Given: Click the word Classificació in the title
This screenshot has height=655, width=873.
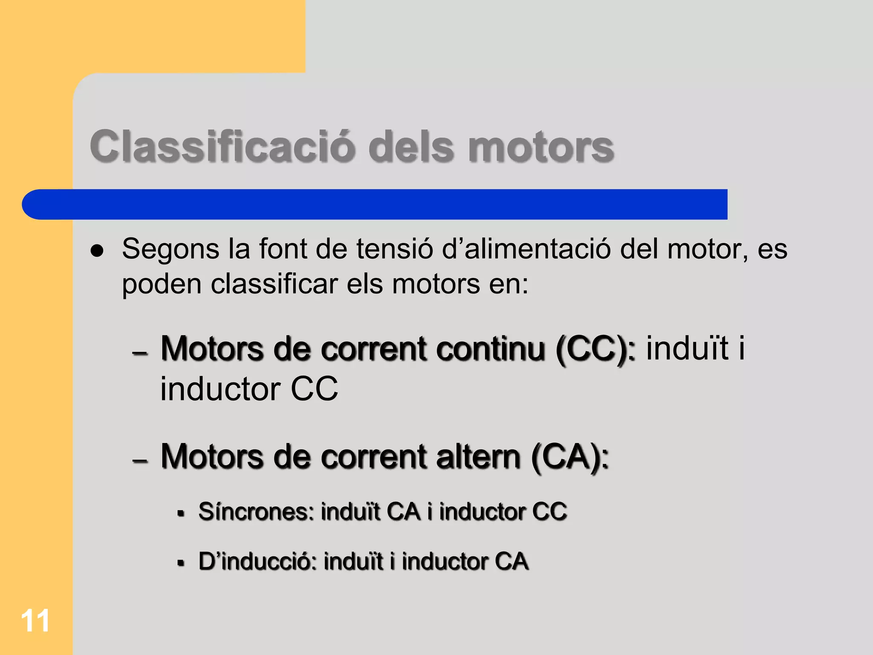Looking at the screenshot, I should [x=222, y=146].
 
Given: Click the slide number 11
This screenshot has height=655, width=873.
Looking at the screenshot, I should [x=35, y=621].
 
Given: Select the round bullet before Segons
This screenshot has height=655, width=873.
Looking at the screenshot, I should [x=97, y=251].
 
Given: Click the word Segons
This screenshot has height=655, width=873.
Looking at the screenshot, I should [x=170, y=249].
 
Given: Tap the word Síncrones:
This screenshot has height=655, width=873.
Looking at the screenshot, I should [x=256, y=511].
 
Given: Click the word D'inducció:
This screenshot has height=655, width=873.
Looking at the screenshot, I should [x=257, y=561].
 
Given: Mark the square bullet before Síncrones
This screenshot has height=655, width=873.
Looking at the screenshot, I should [x=181, y=513].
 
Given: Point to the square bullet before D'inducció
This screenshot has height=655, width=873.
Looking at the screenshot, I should [x=181, y=563].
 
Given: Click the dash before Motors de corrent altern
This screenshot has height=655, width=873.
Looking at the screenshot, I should [x=140, y=461].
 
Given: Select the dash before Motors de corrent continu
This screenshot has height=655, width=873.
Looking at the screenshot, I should [x=140, y=353].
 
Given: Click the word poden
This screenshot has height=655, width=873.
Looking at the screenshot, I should [x=162, y=284].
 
